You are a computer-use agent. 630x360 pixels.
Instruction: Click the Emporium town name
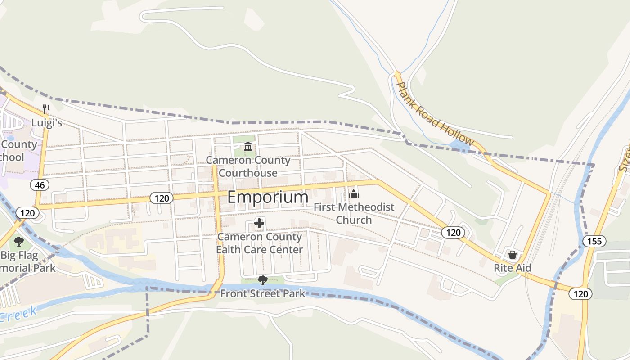pos(268,197)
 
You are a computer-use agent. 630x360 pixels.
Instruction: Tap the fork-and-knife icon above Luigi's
pos(46,108)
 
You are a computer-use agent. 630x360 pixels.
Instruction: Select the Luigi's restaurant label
pos(46,123)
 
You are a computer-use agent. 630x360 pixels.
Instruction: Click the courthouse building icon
pos(248,146)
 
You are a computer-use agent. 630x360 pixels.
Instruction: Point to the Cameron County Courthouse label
pos(248,166)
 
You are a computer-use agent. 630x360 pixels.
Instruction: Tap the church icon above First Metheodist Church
pos(354,194)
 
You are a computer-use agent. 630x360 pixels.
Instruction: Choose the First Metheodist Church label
pos(354,213)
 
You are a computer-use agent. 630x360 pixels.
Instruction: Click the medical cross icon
pos(259,223)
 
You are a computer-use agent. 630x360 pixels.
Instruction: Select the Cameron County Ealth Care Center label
pos(259,243)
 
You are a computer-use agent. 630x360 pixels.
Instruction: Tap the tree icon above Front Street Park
pos(263,280)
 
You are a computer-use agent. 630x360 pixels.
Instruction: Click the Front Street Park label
pos(263,294)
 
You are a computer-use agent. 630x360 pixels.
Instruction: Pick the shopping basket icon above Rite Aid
pos(512,255)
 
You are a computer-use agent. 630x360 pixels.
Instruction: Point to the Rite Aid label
pos(512,268)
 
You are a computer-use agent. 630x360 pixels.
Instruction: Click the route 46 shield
pos(40,184)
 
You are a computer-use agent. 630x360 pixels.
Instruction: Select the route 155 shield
pos(594,241)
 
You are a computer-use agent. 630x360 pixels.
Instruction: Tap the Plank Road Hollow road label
pos(434,114)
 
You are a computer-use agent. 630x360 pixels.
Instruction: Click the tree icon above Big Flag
pos(18,242)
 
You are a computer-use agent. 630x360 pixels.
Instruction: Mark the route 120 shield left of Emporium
pos(161,198)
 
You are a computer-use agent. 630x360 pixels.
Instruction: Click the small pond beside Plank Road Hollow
pos(459,145)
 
